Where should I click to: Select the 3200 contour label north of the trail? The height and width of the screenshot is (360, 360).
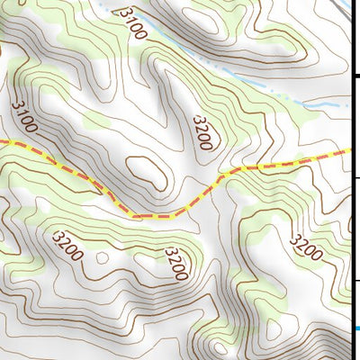click(x=203, y=131)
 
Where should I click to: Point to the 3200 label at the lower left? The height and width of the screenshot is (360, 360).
click(x=68, y=246)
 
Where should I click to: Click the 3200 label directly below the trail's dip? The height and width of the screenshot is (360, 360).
click(x=176, y=263)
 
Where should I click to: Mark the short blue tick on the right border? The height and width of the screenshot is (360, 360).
click(x=356, y=328)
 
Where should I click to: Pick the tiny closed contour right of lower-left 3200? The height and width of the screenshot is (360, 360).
click(x=102, y=258)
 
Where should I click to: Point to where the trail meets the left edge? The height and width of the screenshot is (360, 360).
click(x=2, y=143)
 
